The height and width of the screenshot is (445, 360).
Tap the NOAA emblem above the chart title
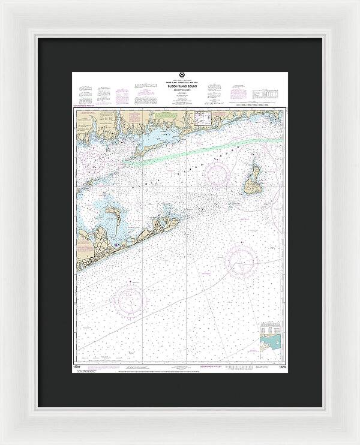coord(180,77)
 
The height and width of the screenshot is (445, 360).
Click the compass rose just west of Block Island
coord(217,175)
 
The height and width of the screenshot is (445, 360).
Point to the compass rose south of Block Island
coord(242,261)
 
